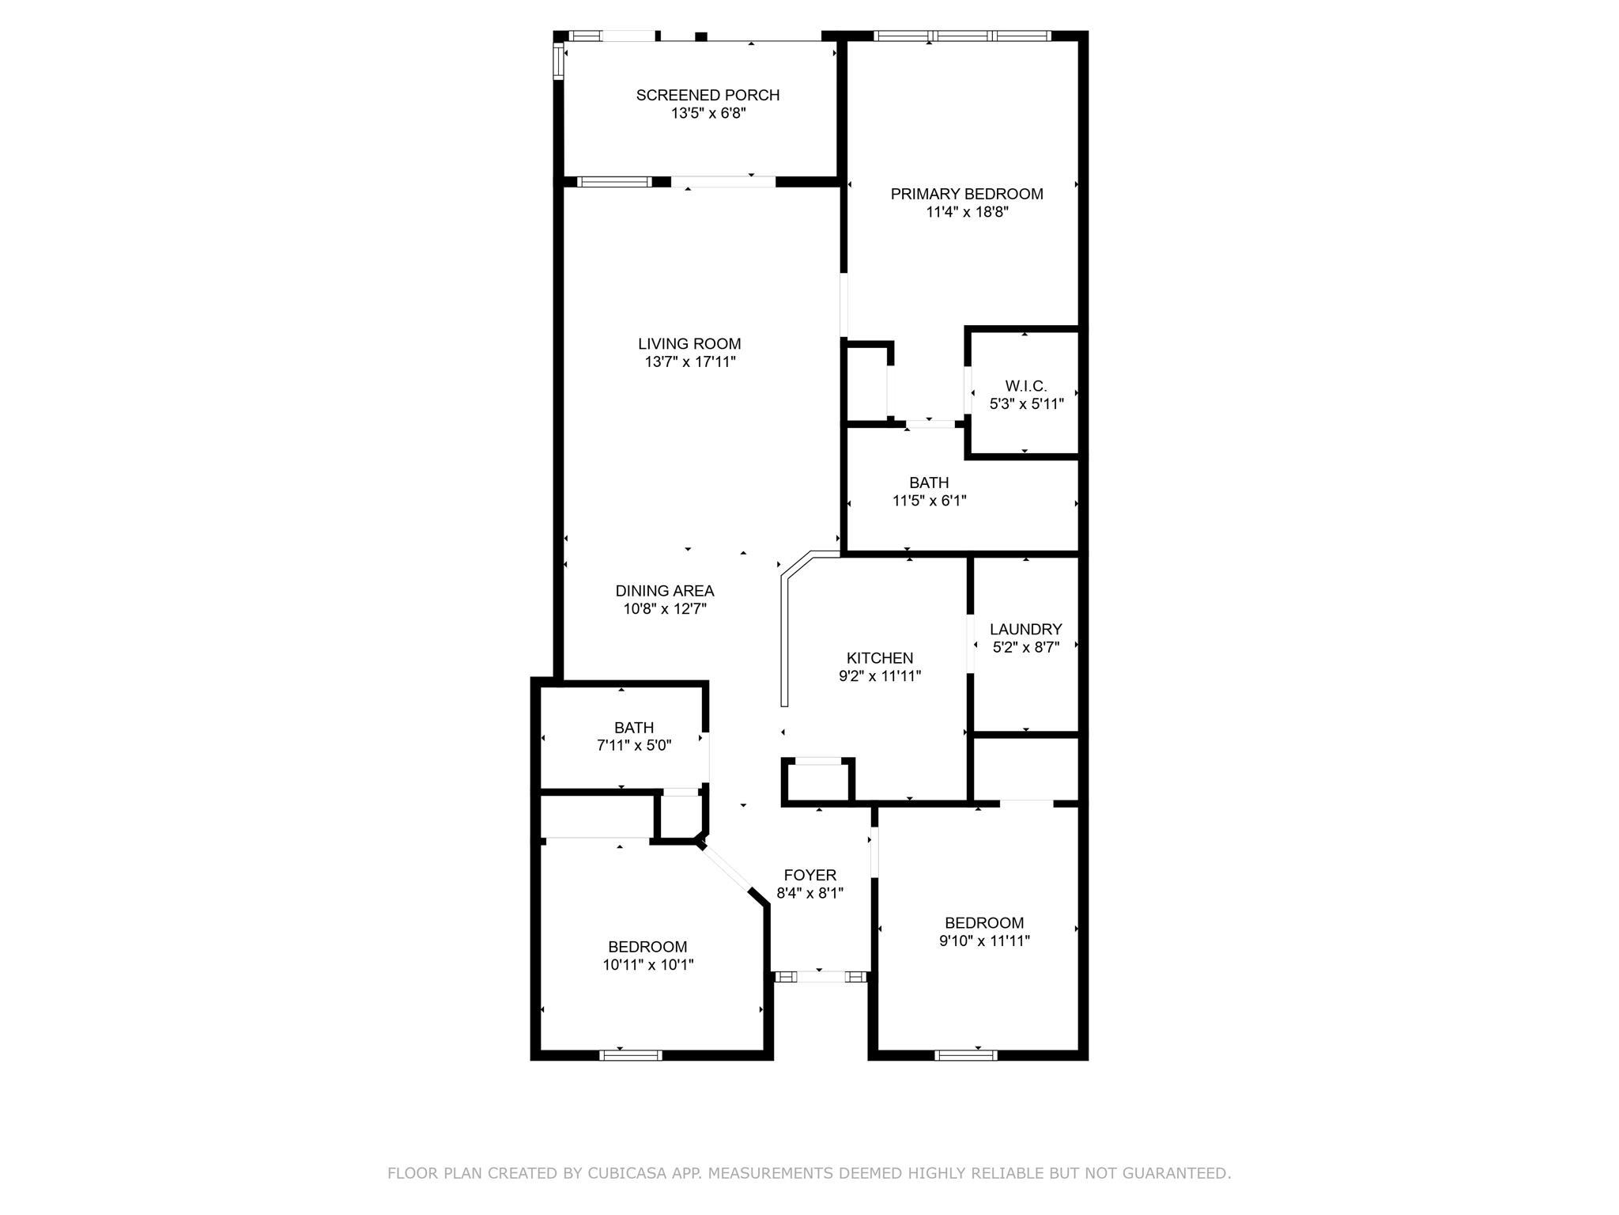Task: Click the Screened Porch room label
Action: pos(708,95)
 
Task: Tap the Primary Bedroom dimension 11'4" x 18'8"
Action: pos(967,212)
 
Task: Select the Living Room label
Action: pos(689,343)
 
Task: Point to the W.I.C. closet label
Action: pos(1026,386)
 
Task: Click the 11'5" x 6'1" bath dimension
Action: pos(929,501)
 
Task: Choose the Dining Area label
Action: pos(665,591)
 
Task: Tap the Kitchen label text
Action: pos(880,658)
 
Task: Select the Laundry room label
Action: pos(1026,630)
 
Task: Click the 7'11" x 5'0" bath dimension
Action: pos(634,745)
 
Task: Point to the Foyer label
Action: pos(810,875)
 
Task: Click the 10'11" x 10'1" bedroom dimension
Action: pos(647,965)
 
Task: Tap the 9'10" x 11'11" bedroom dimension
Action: pos(984,941)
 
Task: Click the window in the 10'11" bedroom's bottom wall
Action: pos(631,1054)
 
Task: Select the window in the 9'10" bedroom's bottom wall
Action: pos(965,1054)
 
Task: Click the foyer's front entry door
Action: pos(821,977)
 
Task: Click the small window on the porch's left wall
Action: pos(557,62)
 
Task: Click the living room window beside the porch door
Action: pos(614,182)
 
